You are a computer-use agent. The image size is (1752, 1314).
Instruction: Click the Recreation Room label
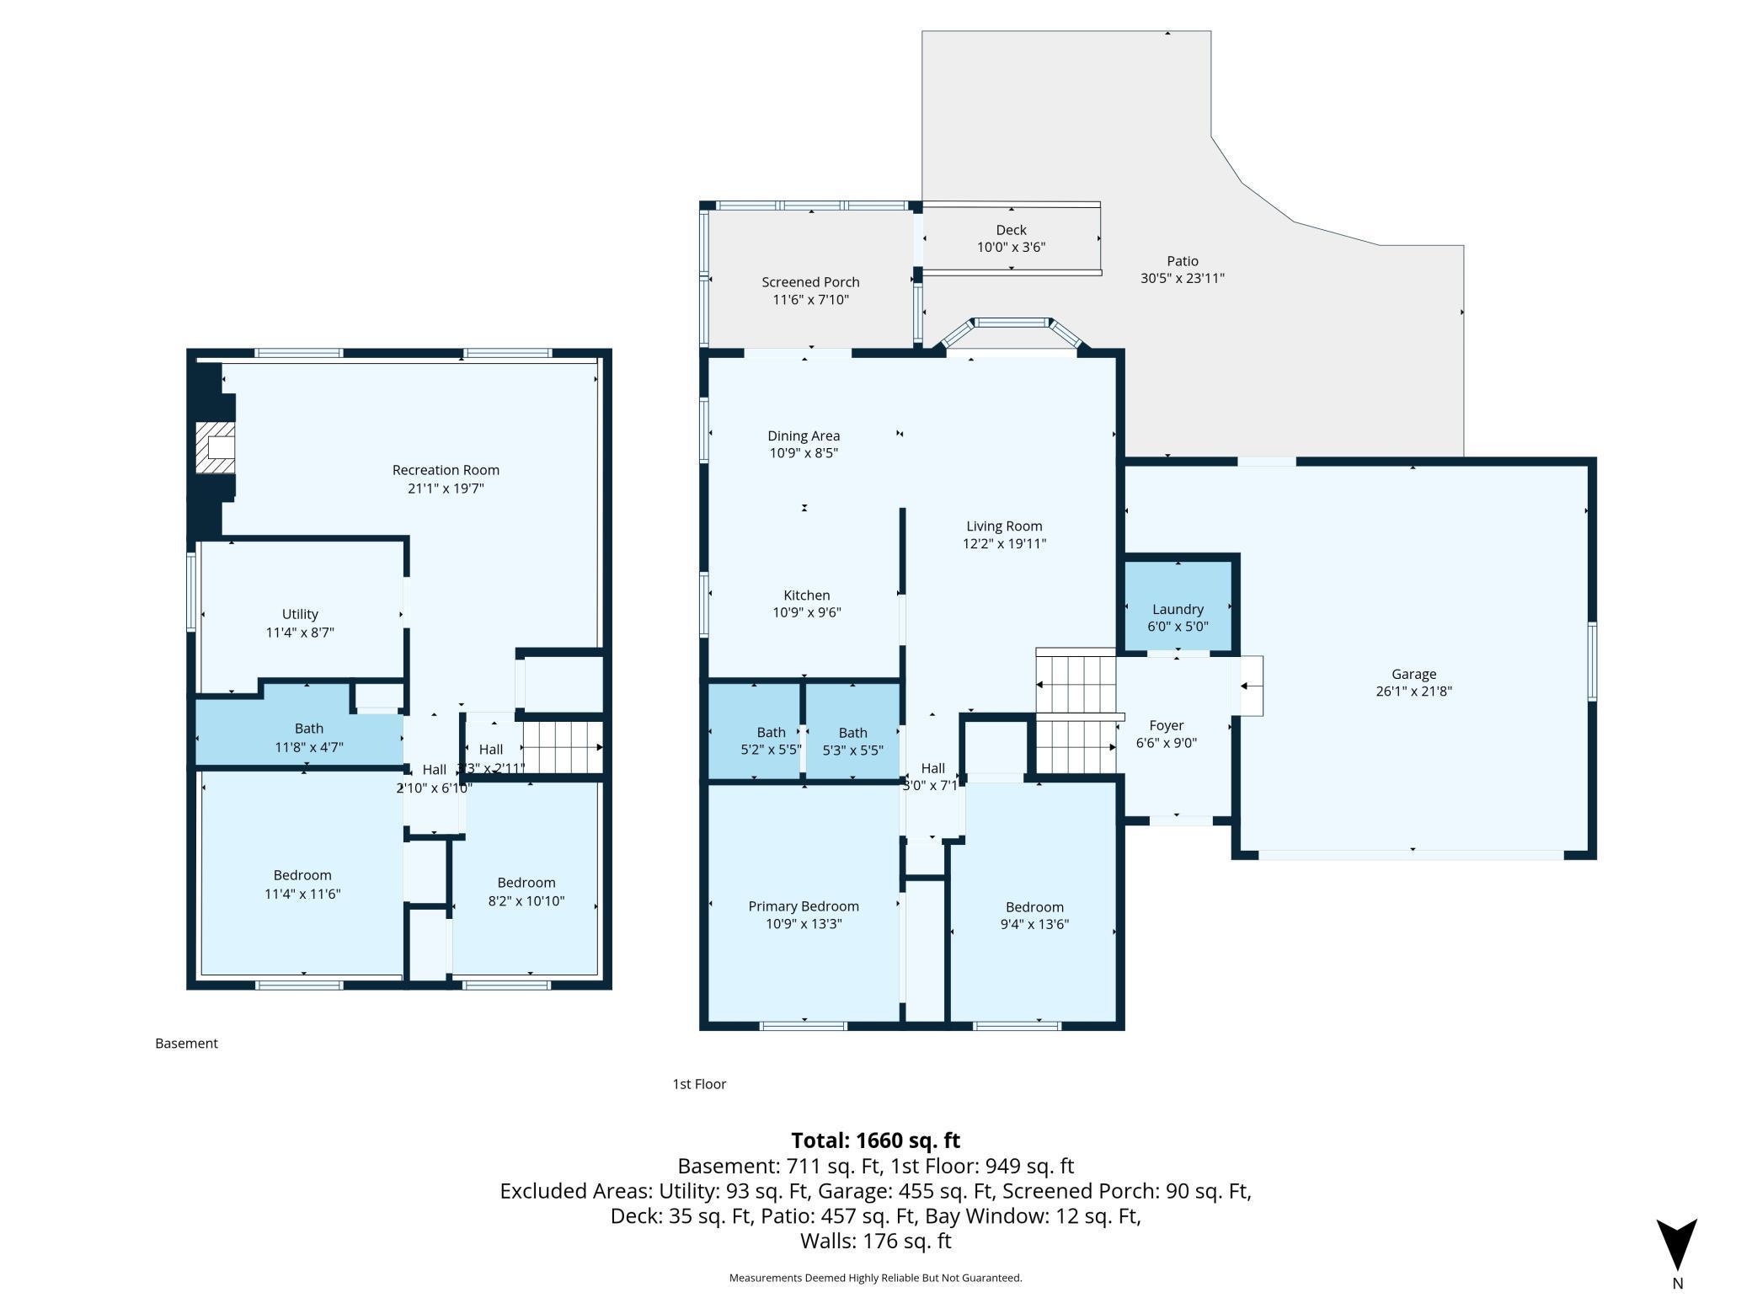click(x=446, y=470)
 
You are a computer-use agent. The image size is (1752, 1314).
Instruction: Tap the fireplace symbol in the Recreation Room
click(x=216, y=447)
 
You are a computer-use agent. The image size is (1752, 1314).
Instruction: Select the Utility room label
click(x=300, y=614)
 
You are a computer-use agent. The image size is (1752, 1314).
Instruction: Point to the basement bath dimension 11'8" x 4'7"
click(x=309, y=747)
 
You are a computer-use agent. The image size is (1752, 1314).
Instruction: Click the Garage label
click(x=1413, y=674)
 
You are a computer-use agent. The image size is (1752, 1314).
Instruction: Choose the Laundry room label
click(x=1178, y=609)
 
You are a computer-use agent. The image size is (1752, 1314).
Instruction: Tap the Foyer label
click(x=1167, y=725)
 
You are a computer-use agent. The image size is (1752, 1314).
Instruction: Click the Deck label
click(x=1011, y=230)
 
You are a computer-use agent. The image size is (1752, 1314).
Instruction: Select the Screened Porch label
click(x=810, y=282)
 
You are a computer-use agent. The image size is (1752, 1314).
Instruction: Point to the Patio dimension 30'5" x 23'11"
click(x=1183, y=278)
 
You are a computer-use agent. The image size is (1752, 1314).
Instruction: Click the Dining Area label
click(x=804, y=435)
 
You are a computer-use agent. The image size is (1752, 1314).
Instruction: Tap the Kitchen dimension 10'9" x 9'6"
click(x=807, y=612)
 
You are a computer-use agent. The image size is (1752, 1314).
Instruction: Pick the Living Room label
click(x=1004, y=526)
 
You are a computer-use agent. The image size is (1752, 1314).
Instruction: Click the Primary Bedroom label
click(x=804, y=906)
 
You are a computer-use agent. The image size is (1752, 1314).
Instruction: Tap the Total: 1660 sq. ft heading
click(x=876, y=1140)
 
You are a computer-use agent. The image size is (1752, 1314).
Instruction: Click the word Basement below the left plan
click(x=186, y=1043)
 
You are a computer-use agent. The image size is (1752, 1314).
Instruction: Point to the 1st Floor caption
click(x=699, y=1084)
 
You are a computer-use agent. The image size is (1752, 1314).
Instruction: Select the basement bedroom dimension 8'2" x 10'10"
click(x=526, y=900)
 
